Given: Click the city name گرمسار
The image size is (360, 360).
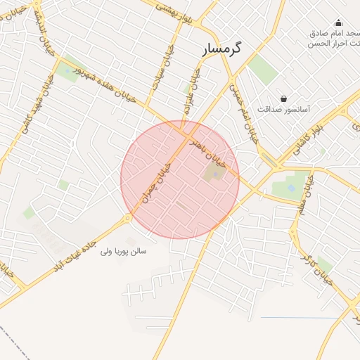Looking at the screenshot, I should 222,49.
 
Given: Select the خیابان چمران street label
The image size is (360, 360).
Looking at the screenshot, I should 156,182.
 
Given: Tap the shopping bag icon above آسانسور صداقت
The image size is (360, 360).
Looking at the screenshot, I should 283,99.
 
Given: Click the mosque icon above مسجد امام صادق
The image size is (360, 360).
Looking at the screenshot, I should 337,22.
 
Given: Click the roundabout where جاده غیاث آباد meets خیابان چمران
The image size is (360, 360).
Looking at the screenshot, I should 128,218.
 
